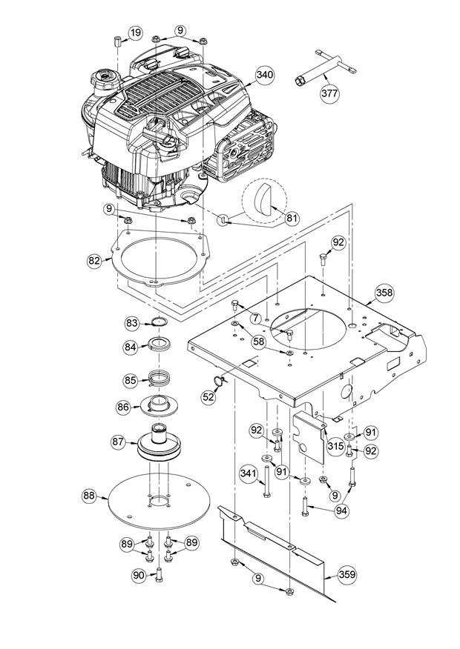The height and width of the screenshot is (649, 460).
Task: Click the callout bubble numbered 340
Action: tap(265, 75)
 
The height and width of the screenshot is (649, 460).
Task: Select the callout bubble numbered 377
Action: tap(330, 93)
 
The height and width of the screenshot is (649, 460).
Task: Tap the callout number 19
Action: tap(134, 33)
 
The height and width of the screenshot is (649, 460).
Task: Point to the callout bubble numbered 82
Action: tap(94, 261)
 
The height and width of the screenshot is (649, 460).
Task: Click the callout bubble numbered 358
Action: tap(384, 293)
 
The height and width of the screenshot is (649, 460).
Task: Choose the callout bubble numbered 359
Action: tap(347, 574)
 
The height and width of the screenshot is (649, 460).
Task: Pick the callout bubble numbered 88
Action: tap(90, 496)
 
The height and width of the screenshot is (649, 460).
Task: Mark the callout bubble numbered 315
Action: tap(335, 446)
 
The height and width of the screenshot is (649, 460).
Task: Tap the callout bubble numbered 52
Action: tap(209, 397)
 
